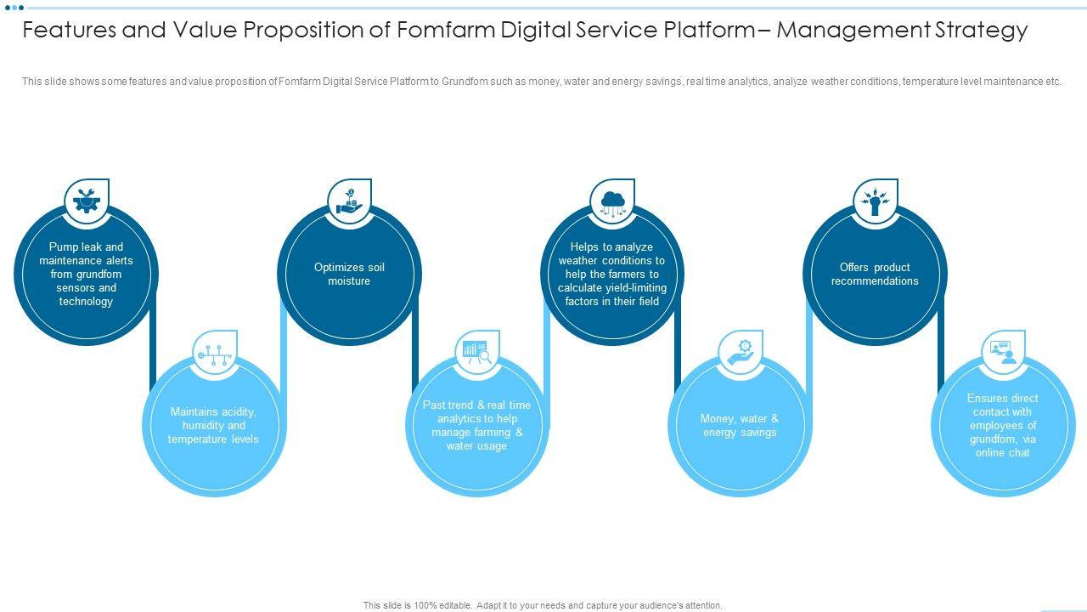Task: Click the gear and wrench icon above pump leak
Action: coord(86,201)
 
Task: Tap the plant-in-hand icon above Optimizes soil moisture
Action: coord(349,201)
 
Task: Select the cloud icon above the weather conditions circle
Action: coord(612,201)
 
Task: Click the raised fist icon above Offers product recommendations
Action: coord(875,201)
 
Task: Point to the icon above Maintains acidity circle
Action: coord(214,352)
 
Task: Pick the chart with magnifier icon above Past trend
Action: coord(477,352)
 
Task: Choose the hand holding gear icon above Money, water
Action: coord(740,352)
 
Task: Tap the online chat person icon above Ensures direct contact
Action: coord(1003,352)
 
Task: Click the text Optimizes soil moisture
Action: coord(349,274)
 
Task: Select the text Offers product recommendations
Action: coord(875,274)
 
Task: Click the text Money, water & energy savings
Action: coord(740,425)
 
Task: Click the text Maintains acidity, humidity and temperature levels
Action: coord(213,425)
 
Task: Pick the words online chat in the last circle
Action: coord(1003,453)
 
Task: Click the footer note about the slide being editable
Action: coord(543,605)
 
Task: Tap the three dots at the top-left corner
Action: coord(14,8)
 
